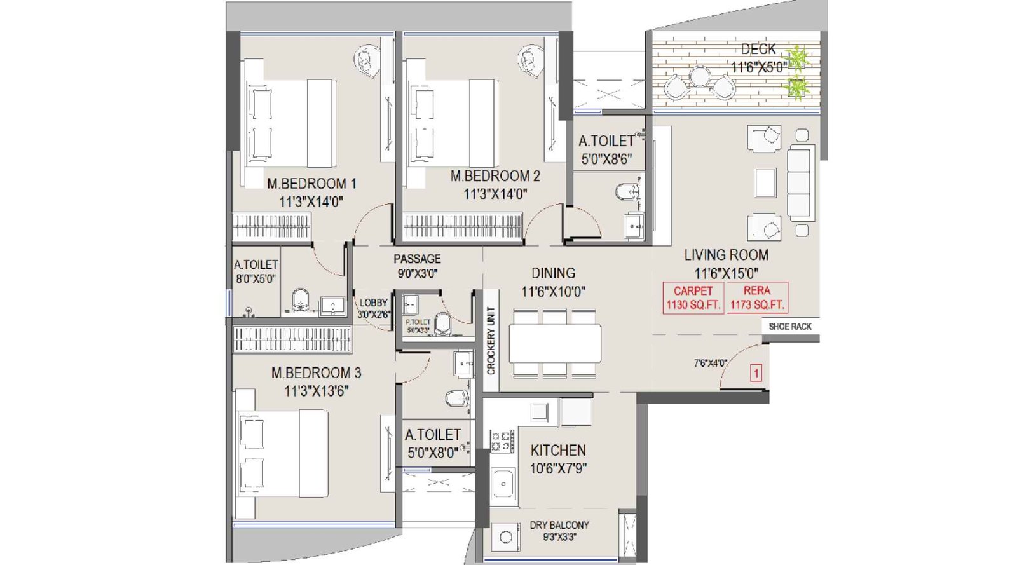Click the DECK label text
point(758,49)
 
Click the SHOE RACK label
point(790,327)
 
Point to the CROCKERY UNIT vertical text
point(491,341)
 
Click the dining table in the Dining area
point(555,344)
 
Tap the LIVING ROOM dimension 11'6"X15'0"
point(726,274)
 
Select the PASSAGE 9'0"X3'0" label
point(417,266)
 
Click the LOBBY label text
point(373,303)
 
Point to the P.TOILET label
point(418,323)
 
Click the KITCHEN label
point(558,451)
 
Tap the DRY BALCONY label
point(559,526)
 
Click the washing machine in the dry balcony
point(506,537)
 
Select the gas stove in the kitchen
point(502,440)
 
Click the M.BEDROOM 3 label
point(316,373)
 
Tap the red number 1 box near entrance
point(756,372)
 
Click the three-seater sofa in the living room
point(800,182)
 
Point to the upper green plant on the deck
point(797,58)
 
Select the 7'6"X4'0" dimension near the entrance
point(710,364)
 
